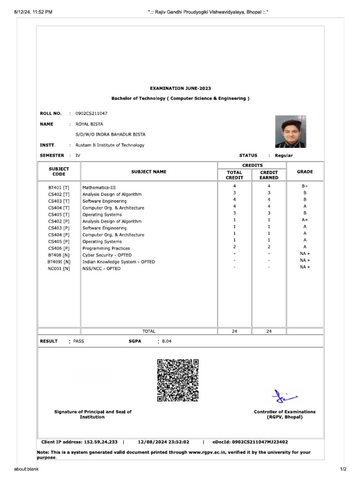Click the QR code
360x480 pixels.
click(178, 380)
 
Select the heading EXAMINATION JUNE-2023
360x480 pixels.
click(180, 88)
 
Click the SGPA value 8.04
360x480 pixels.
click(167, 341)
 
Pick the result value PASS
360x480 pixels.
click(79, 341)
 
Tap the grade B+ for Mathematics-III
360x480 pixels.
click(305, 186)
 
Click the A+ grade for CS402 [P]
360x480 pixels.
click(305, 220)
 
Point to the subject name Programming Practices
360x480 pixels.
click(106, 248)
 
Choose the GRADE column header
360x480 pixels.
click(305, 172)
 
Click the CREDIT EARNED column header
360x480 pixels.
click(269, 175)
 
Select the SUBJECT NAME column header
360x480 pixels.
click(149, 172)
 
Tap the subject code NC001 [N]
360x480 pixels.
click(59, 269)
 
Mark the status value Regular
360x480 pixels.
click(284, 155)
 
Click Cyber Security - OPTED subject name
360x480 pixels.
click(107, 255)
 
